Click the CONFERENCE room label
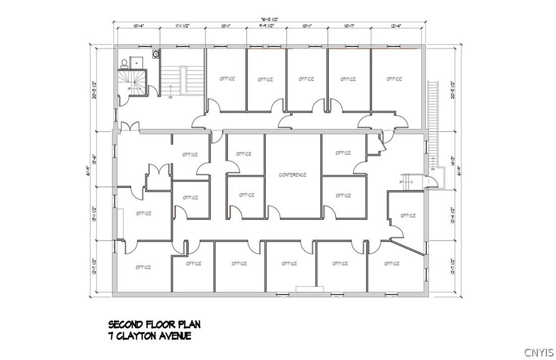coord(293,175)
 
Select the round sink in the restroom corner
coord(156,54)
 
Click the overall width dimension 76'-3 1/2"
coord(269,18)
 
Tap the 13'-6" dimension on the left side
coord(94,157)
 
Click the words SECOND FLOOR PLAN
coord(155,325)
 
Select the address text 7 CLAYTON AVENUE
coord(150,337)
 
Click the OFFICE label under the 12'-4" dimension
coord(394,79)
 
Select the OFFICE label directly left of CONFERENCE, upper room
coord(244,154)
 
